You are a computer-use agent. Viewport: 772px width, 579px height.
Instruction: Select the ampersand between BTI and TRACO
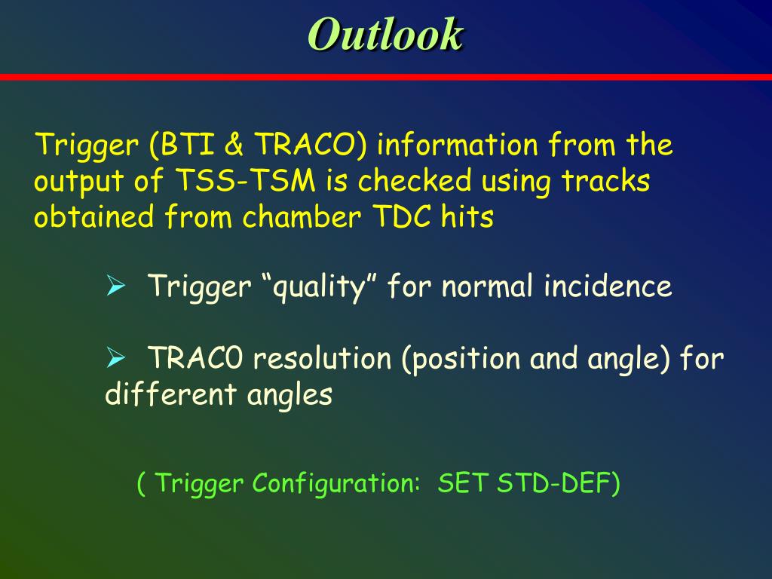pos(234,145)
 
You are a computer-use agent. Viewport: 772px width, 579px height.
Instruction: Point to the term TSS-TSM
pos(246,180)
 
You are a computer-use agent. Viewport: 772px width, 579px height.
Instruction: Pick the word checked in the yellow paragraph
pos(415,180)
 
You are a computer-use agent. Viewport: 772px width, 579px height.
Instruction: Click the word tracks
pos(606,180)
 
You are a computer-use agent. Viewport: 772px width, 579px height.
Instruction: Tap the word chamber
pos(302,216)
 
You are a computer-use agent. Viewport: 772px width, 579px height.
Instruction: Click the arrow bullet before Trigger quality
pos(115,286)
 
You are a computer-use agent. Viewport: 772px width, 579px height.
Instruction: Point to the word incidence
pos(608,286)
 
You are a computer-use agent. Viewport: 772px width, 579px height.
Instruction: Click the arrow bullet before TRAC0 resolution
pos(115,358)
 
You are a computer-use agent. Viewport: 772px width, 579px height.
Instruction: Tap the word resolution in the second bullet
pos(322,358)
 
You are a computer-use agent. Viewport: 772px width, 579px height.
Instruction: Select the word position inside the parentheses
pos(465,359)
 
